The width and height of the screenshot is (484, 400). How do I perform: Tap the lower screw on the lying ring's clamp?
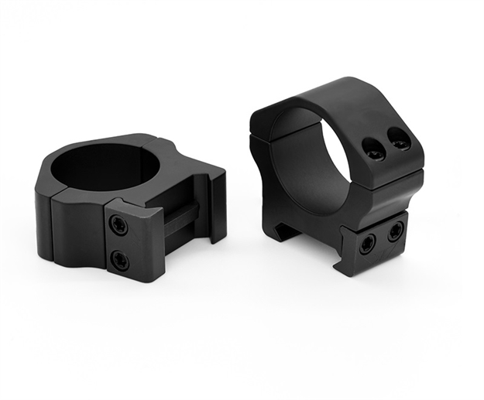120,259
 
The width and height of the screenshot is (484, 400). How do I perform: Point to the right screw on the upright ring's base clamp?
395,230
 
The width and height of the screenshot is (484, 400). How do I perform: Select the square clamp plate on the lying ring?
133,241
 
